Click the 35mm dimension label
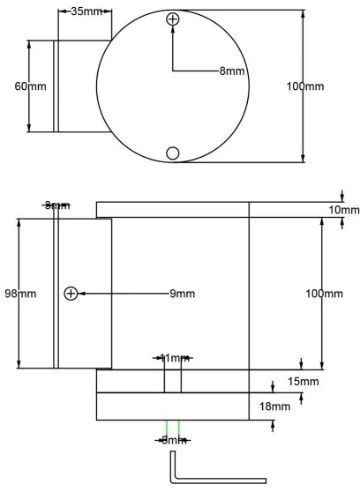tap(85, 12)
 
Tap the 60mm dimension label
tap(30, 86)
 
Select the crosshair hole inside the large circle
tap(173, 19)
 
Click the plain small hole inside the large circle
tap(173, 153)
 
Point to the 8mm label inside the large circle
tap(232, 71)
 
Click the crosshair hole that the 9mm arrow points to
tap(71, 293)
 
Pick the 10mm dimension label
tap(342, 210)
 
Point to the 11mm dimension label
tap(172, 358)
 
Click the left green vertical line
tap(165, 429)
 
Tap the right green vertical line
tap(179, 429)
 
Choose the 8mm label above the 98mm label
tap(56, 205)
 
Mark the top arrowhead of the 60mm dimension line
tap(30, 42)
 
